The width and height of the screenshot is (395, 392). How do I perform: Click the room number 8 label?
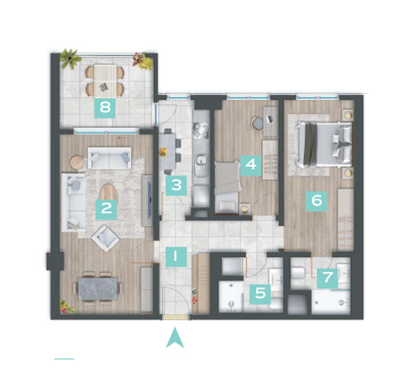[105, 107]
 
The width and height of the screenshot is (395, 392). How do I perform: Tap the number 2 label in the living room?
[106, 209]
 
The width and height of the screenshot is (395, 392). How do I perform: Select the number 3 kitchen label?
[176, 186]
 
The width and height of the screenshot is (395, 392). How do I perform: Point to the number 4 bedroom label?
[250, 165]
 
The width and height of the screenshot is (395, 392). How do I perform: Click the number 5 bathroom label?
[260, 294]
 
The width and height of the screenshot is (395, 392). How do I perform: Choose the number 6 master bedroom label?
[316, 202]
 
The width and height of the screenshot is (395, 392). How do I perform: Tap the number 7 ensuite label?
[327, 278]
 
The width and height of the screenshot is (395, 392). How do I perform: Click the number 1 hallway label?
[176, 257]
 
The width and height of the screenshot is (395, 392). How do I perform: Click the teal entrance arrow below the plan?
[175, 337]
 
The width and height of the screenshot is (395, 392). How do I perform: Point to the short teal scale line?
[64, 359]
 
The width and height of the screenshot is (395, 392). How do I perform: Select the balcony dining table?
[105, 81]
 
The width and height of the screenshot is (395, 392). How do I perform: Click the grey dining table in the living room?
[98, 289]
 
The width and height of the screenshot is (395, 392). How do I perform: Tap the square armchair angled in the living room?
[105, 238]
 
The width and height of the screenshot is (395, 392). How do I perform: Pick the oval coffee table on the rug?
[107, 192]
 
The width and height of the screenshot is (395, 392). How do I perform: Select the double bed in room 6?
[325, 144]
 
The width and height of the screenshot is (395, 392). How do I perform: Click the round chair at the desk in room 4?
[258, 122]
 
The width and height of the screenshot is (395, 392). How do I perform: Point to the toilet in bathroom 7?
[299, 273]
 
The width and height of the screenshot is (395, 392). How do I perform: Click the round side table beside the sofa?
[77, 162]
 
